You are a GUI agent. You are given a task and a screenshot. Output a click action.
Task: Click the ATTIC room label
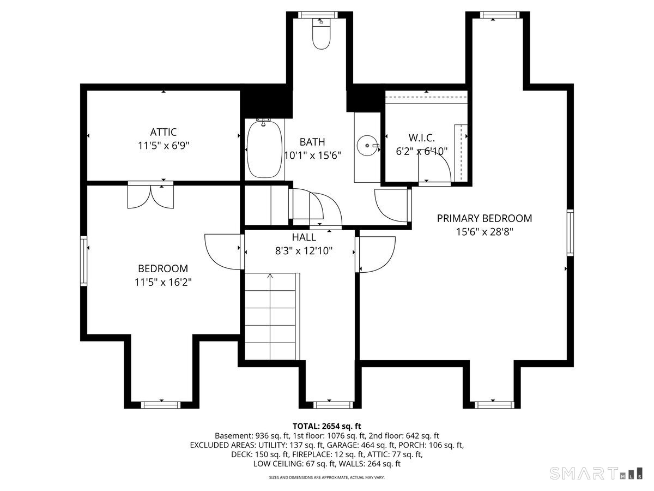click(163, 132)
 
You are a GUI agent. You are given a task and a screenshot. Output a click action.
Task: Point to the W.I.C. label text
click(421, 137)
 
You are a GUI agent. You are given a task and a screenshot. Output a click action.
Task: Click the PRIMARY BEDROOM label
click(484, 218)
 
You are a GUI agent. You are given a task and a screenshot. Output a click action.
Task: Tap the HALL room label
click(304, 237)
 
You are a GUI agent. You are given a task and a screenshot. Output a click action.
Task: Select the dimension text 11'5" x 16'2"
click(162, 282)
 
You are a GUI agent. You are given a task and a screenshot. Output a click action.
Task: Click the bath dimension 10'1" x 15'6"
click(312, 155)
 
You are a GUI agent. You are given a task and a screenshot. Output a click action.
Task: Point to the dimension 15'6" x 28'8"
click(485, 232)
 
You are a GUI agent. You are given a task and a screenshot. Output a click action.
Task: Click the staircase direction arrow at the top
click(270, 276)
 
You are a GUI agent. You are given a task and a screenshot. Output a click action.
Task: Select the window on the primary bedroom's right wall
click(570, 232)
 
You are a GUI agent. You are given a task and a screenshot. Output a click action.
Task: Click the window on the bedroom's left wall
click(84, 261)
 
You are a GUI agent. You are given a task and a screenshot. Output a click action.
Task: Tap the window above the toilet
click(318, 15)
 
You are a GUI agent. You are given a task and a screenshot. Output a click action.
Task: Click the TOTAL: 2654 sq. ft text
click(327, 426)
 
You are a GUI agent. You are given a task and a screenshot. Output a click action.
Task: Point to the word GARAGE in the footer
click(343, 445)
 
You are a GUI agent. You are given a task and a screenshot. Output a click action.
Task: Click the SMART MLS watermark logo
click(596, 474)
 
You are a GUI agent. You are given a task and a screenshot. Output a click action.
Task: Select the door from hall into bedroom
click(223, 252)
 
